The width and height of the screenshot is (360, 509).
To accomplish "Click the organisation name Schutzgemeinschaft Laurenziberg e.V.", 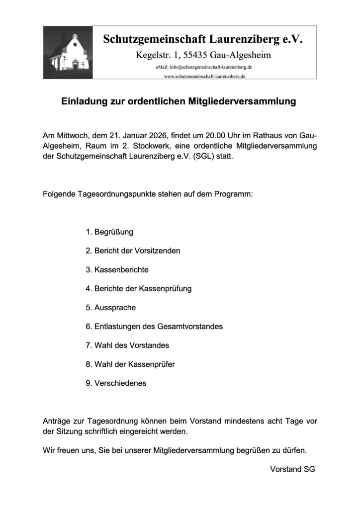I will pyautogui.click(x=203, y=39).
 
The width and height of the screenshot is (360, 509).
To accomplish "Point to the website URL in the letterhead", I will pyautogui.click(x=204, y=76).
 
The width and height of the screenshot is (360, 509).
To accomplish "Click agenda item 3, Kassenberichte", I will pyautogui.click(x=117, y=270).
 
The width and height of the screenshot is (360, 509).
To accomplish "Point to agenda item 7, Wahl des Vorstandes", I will pyautogui.click(x=128, y=345).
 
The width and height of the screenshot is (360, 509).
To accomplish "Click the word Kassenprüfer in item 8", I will pyautogui.click(x=152, y=364).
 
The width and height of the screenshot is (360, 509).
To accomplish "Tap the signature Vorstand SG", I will pyautogui.click(x=293, y=469).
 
